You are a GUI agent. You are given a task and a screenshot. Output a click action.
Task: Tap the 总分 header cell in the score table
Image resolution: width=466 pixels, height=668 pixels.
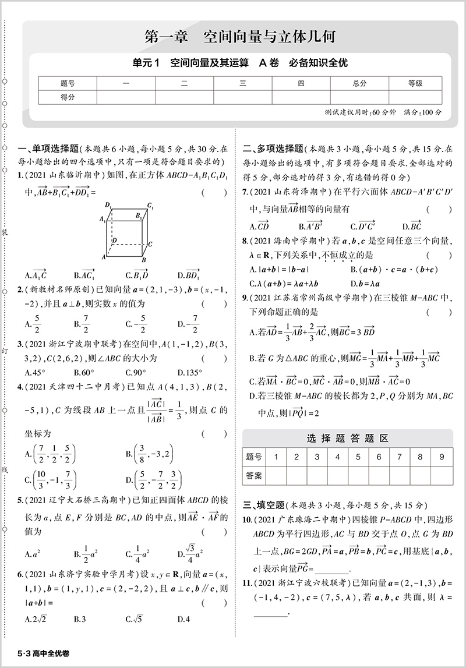(359, 83)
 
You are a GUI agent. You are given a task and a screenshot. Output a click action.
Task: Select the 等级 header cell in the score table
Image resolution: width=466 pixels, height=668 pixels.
(415, 83)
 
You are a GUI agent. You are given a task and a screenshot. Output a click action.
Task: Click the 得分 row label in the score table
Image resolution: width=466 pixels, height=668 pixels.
(68, 97)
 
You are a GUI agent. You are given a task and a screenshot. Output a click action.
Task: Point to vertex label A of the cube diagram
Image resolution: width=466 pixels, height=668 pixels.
(104, 257)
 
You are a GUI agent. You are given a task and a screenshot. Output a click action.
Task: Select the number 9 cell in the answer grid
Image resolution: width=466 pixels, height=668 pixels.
(441, 457)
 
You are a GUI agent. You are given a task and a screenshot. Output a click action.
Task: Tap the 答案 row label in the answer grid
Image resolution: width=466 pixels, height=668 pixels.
(254, 475)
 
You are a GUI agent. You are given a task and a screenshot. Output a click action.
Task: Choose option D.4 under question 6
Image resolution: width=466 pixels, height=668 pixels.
(183, 619)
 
